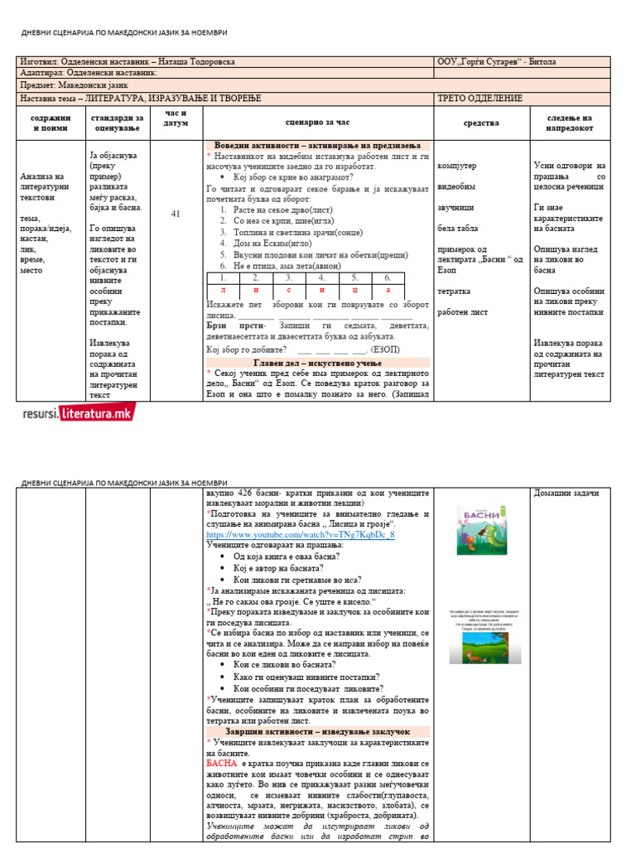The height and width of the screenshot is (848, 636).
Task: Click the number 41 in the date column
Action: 175,214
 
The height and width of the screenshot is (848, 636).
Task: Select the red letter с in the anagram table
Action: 288,291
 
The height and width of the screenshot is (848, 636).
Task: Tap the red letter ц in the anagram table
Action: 354,291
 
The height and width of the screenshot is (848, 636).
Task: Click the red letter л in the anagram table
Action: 222,291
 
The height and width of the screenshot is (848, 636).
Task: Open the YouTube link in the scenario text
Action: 300,535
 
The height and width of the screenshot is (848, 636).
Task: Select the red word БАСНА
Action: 222,764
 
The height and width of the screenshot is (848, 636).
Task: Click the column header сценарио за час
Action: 318,123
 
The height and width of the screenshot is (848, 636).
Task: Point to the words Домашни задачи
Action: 570,494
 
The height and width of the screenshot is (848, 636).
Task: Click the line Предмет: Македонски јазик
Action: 75,85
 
